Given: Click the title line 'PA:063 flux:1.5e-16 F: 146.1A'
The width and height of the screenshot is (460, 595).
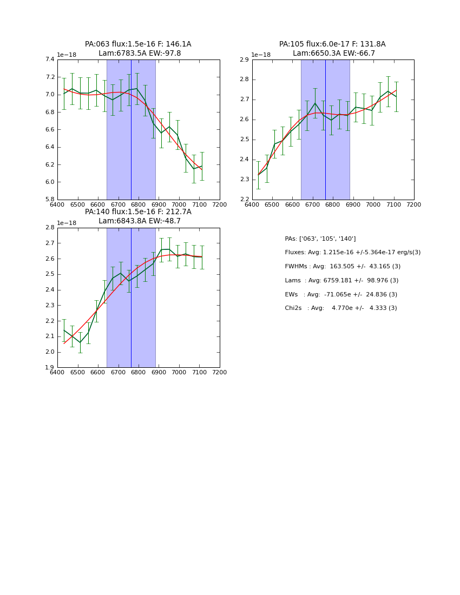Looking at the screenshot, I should pos(138,44).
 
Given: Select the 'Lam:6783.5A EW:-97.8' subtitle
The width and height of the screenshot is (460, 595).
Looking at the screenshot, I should pos(140,54).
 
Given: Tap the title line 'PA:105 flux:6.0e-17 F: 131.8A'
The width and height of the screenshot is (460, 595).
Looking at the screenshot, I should pos(332,44).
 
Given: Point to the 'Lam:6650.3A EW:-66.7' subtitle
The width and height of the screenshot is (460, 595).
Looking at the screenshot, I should pos(334,54).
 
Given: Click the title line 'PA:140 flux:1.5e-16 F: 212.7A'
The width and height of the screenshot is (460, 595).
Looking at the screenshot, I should pos(138,212).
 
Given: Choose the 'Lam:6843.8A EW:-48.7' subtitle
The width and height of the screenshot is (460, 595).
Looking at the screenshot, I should pos(140,221).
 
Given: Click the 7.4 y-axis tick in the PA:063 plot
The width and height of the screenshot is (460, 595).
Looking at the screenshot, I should pos(50,59).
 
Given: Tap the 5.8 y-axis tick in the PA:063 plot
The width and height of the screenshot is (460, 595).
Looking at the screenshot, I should pos(50,200).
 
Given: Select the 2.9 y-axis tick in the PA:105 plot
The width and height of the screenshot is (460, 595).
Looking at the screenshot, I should pos(245,59).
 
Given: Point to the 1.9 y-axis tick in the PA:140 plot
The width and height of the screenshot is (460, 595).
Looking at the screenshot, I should pos(50,368).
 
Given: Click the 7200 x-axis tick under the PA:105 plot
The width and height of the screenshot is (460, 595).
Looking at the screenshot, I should pos(413,205).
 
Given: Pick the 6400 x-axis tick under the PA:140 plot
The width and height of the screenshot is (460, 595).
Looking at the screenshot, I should pos(57,373).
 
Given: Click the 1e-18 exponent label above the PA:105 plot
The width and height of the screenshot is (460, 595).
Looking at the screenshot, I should pos(261,55).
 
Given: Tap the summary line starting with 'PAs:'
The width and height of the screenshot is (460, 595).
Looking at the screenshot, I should pos(320,239).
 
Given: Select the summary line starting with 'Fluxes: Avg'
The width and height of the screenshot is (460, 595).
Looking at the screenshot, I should pos(352,253).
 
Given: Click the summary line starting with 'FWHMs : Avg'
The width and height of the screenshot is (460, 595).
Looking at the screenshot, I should pos(343,267).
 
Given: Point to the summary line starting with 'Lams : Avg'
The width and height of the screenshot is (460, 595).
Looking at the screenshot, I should pos(341,280).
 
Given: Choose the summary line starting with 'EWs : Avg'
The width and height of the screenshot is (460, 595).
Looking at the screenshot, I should pos(341,294).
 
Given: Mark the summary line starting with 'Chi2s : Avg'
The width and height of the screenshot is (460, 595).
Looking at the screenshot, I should pos(341,308).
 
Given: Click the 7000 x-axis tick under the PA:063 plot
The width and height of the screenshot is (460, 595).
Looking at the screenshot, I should pos(179,205).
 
